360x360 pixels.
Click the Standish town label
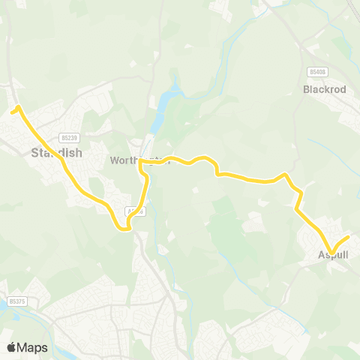click(x=56, y=153)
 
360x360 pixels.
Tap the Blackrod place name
click(x=323, y=89)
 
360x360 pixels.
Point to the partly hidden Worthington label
click(x=139, y=160)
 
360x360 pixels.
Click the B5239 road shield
click(x=70, y=137)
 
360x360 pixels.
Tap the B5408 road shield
click(x=317, y=71)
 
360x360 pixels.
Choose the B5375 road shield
click(x=16, y=301)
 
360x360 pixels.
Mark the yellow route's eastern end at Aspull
click(x=348, y=238)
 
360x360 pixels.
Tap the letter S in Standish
click(x=35, y=153)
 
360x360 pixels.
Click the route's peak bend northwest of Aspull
click(x=284, y=175)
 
